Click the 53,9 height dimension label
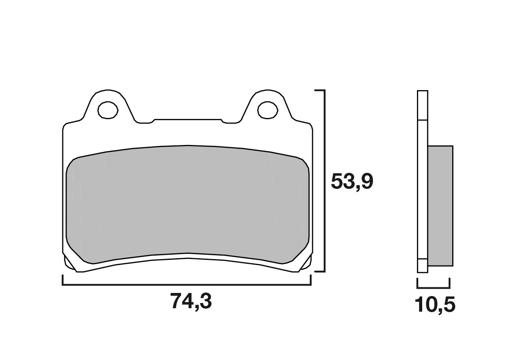[x=352, y=182]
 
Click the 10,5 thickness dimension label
[x=435, y=306]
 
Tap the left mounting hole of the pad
[x=108, y=110]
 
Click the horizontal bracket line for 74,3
[x=187, y=285]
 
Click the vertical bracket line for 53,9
[x=324, y=181]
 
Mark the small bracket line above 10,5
[x=433, y=288]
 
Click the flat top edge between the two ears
[x=187, y=119]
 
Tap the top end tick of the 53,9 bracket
[x=319, y=91]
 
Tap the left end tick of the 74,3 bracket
[x=63, y=280]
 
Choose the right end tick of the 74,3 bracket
[x=311, y=280]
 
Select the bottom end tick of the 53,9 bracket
[x=319, y=272]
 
